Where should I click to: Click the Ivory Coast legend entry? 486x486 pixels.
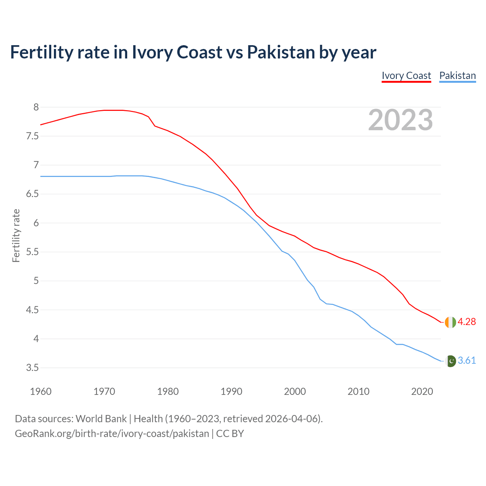click(406, 76)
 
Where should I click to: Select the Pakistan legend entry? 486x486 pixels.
click(458, 76)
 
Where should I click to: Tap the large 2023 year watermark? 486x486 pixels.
click(401, 120)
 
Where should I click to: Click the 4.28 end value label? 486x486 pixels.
click(467, 322)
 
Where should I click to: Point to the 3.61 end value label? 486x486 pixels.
click(467, 361)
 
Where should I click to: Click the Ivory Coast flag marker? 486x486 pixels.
click(450, 322)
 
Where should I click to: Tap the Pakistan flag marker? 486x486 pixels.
click(450, 361)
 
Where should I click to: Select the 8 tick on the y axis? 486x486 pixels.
click(36, 107)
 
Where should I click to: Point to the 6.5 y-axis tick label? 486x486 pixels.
click(32, 194)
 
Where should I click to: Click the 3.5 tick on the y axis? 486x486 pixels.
click(32, 368)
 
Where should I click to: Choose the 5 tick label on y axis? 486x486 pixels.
click(36, 281)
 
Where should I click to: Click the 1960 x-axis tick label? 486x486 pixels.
click(41, 391)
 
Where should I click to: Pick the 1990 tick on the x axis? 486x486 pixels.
click(231, 391)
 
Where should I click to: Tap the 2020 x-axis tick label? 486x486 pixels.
click(422, 391)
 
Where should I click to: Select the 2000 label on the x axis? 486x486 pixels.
click(295, 391)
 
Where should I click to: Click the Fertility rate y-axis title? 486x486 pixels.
click(16, 235)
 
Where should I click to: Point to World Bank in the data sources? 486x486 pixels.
click(101, 419)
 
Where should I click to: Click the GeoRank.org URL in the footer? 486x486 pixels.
click(112, 434)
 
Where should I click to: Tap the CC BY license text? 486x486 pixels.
click(230, 434)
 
